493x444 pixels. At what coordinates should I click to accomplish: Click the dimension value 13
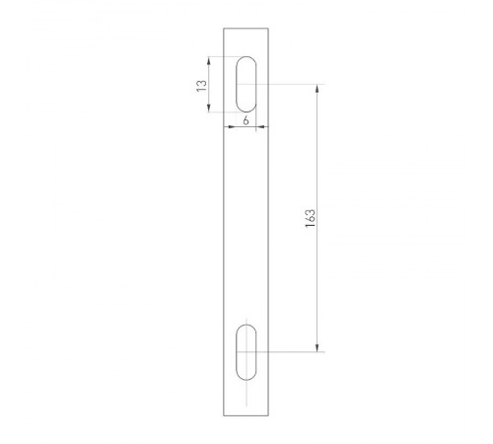201,87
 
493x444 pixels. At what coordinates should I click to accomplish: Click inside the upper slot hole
246,85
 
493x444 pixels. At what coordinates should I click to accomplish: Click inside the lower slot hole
246,350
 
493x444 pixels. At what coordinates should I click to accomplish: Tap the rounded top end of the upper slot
246,59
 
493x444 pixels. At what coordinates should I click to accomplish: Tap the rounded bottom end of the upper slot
246,111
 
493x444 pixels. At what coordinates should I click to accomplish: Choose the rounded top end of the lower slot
246,325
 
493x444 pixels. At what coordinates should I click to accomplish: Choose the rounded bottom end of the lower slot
246,377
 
